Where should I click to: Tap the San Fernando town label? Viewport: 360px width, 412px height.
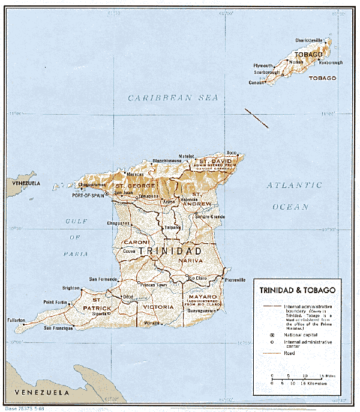tap(103, 279)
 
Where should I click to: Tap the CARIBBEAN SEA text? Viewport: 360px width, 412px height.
tap(172, 97)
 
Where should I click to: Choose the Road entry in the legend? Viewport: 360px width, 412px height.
tap(289, 354)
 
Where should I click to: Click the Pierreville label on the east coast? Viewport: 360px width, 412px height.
tap(234, 280)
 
